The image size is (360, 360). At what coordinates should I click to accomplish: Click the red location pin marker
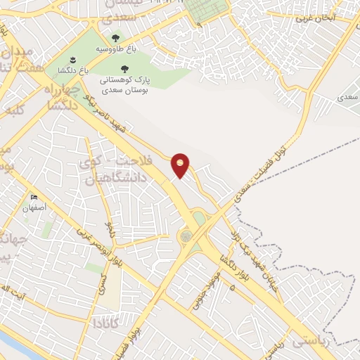181,165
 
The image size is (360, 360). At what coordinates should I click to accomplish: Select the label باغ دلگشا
73,70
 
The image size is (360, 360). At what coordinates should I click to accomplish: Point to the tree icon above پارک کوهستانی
124,68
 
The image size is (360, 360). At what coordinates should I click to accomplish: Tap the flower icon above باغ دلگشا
72,58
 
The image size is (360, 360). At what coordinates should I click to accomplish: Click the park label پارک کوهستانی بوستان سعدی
124,85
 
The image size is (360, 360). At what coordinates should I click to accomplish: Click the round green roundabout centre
188,236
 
